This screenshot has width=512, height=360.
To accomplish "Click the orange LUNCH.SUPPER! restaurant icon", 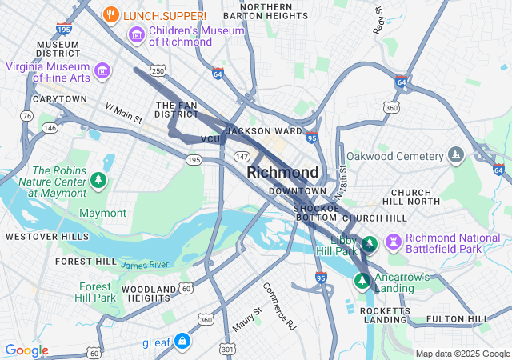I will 112,14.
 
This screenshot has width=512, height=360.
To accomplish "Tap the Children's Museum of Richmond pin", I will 136,35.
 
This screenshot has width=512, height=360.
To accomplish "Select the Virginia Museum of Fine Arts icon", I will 102,72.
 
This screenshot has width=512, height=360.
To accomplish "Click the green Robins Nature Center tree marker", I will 98,180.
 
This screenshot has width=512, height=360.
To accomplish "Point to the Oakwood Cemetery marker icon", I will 455,154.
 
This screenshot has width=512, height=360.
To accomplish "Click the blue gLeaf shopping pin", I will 182,342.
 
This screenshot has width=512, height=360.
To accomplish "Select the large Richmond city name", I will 282,172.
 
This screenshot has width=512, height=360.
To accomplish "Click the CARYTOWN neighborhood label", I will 59,99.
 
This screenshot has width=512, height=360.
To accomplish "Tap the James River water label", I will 145,264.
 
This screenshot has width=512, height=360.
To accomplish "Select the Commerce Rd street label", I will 279,306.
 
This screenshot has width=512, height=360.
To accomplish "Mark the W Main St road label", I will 123,113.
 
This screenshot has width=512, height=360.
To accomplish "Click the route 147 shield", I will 242,156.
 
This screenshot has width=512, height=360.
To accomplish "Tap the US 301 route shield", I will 227,349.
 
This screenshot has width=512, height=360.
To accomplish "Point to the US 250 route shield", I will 158,72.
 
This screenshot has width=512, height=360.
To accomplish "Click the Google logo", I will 27,350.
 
